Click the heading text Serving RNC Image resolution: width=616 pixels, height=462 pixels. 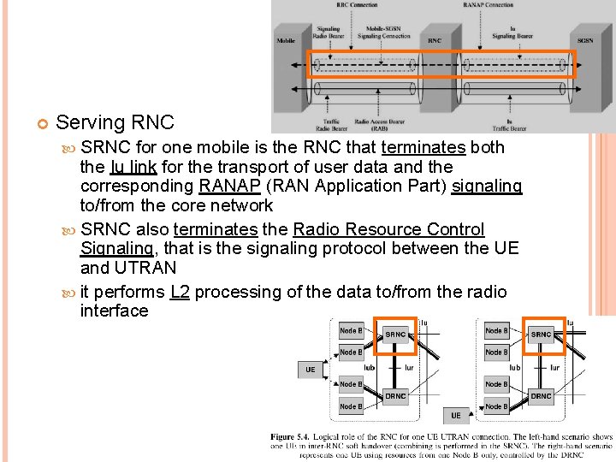pyautogui.click(x=115, y=123)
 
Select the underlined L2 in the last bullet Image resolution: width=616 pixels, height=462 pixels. pyautogui.click(x=179, y=292)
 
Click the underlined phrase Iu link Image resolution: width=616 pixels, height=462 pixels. pyautogui.click(x=133, y=166)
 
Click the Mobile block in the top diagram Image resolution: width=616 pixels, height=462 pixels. pyautogui.click(x=286, y=40)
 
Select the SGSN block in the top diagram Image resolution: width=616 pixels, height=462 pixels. pyautogui.click(x=585, y=40)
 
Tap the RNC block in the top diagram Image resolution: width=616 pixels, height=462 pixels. pyautogui.click(x=435, y=40)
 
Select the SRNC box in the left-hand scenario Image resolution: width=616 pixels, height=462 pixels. pyautogui.click(x=395, y=335)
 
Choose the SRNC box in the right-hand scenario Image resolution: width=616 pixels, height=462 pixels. pyautogui.click(x=541, y=335)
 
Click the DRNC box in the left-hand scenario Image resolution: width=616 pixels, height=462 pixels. pyautogui.click(x=395, y=395)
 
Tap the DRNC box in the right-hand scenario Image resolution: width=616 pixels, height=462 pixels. pyautogui.click(x=541, y=395)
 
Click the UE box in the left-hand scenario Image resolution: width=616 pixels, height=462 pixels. pyautogui.click(x=310, y=370)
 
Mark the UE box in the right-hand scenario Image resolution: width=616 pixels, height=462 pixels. pyautogui.click(x=455, y=416)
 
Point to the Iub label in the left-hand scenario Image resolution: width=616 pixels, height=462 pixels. pyautogui.click(x=370, y=367)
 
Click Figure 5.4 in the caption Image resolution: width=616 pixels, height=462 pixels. pyautogui.click(x=295, y=437)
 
